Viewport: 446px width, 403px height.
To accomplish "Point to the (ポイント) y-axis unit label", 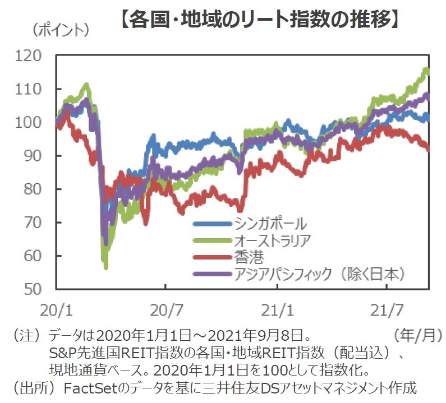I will pos(61,30).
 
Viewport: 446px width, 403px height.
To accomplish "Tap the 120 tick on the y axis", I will pos(29,55).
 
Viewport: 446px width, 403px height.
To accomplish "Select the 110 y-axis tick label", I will pos(29,89).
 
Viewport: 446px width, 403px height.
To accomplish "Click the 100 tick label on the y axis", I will pos(29,122).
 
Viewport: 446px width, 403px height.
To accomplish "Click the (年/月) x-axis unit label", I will pos(418,336).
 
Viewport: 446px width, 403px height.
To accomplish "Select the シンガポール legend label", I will pos(271,224).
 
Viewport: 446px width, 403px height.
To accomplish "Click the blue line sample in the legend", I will pos(212,224).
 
